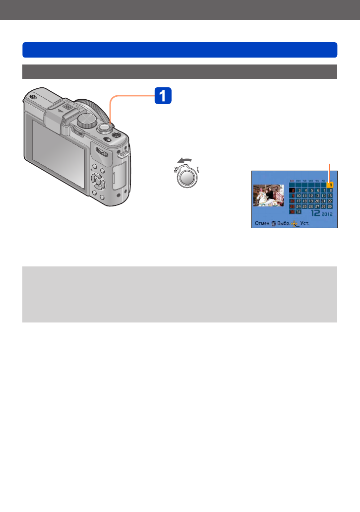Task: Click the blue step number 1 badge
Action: [x=163, y=95]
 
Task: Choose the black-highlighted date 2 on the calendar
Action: [x=292, y=190]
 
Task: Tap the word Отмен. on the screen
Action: [x=262, y=224]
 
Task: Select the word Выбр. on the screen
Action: [x=285, y=224]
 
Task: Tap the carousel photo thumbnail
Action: [x=268, y=196]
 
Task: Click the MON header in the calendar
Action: [x=298, y=181]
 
